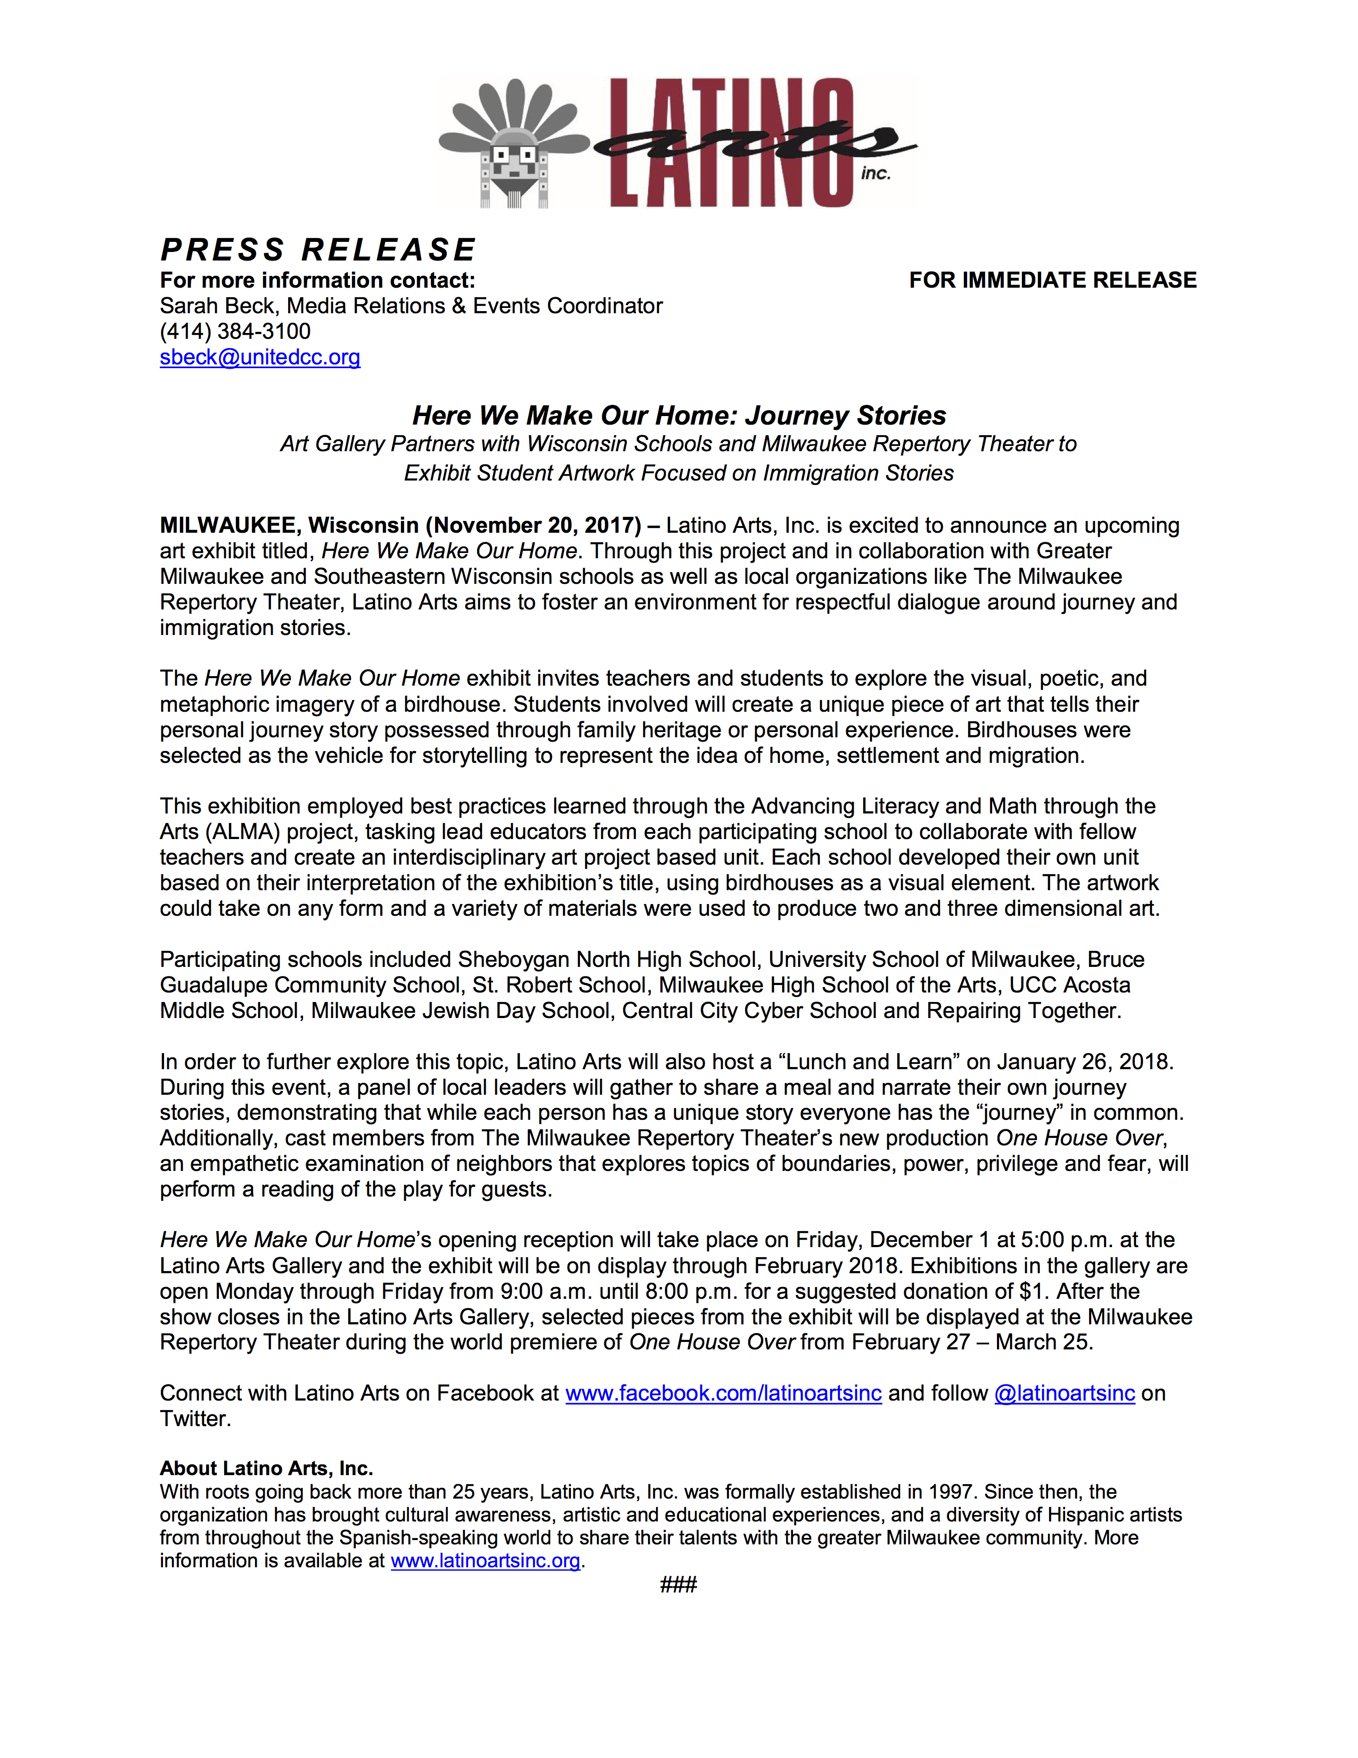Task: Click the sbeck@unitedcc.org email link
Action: point(260,357)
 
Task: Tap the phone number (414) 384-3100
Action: point(235,332)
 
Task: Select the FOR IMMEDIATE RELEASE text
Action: point(1052,280)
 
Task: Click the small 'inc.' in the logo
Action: point(876,173)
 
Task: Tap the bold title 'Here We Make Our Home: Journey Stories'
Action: point(679,416)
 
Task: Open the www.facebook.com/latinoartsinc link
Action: point(723,1394)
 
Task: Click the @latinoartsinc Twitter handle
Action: point(1065,1394)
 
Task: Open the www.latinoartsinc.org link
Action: point(485,1561)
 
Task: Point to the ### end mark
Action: point(678,1585)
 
